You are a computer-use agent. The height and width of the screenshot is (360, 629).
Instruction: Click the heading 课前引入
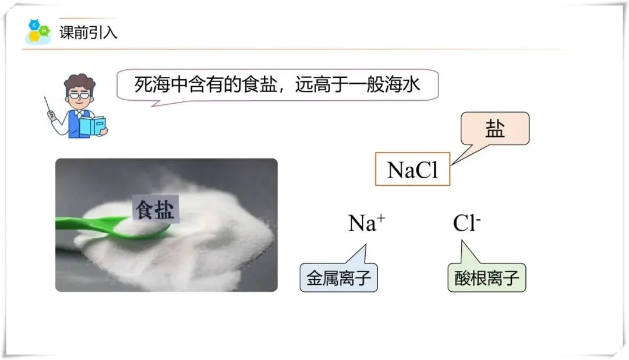(x=89, y=32)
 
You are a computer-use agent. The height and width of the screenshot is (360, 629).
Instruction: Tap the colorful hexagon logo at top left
(x=37, y=31)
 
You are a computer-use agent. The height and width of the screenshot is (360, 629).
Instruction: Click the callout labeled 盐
(x=494, y=129)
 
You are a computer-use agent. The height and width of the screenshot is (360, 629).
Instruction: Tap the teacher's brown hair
(x=79, y=82)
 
